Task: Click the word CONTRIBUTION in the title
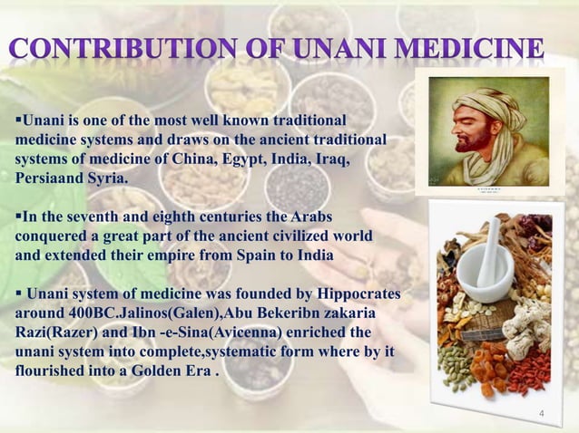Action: [x=136, y=46]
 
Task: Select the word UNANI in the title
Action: [x=348, y=46]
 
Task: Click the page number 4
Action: [x=541, y=414]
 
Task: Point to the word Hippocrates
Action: [x=358, y=296]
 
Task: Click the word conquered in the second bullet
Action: [x=53, y=237]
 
